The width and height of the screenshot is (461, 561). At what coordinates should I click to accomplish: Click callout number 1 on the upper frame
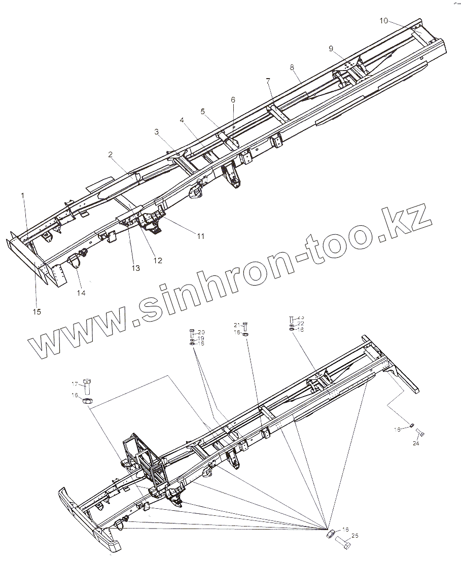tap(22, 195)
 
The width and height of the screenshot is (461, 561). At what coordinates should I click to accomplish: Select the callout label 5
tap(202, 112)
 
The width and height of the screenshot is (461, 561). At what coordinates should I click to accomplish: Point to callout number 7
tap(268, 81)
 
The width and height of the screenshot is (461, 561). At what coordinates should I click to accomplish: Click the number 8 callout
tap(292, 67)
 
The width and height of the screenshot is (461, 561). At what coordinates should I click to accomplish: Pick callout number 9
tap(331, 49)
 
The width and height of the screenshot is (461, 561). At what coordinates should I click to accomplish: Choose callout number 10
tap(383, 21)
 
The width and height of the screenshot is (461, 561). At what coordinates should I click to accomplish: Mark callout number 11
tap(201, 236)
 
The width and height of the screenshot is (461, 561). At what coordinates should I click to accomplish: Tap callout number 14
tap(81, 293)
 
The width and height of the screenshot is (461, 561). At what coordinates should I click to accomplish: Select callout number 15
tap(37, 311)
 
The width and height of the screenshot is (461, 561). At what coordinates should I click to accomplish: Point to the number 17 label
tap(74, 383)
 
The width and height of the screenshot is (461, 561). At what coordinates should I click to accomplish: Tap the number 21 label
tap(236, 325)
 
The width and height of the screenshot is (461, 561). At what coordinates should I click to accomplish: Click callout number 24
tap(416, 443)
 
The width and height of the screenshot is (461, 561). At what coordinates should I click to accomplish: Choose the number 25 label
tap(354, 536)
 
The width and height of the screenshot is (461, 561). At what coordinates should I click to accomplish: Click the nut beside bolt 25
tap(329, 534)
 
